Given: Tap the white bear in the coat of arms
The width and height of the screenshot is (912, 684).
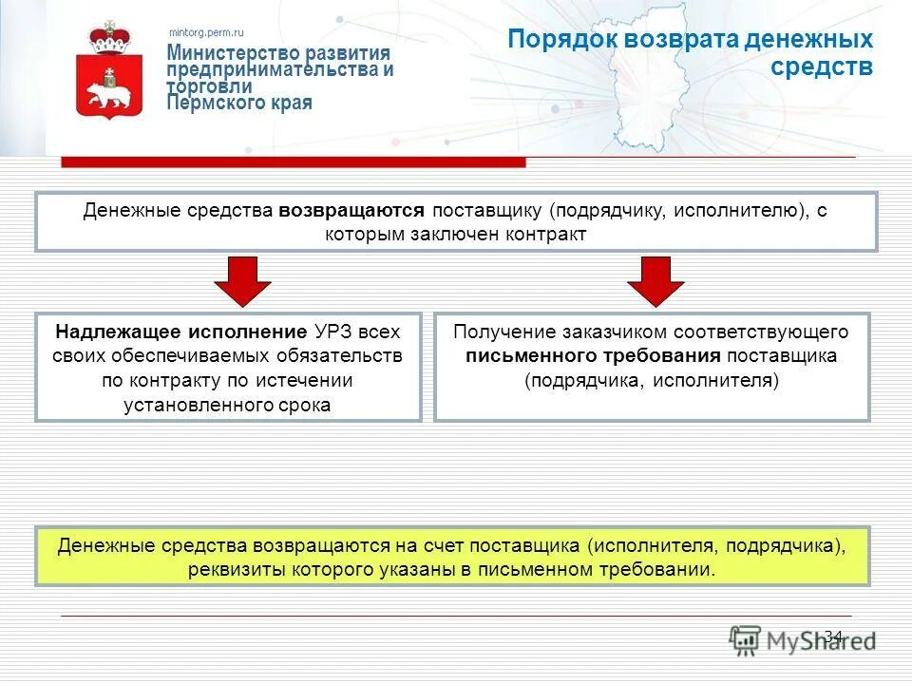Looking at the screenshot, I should click(109, 93).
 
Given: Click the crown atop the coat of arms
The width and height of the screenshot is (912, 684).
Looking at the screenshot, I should click(108, 38).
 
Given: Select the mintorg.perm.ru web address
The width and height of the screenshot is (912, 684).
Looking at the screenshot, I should click(206, 33).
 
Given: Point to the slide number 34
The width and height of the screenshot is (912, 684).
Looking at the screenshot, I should click(833, 636).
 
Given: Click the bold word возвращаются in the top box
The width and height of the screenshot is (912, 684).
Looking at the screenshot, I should click(351, 211).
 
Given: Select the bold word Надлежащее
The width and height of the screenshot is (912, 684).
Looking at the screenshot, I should click(114, 332).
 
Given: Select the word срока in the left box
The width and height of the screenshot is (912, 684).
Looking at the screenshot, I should click(304, 405).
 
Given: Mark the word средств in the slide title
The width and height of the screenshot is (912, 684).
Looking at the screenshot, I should click(822, 67).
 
